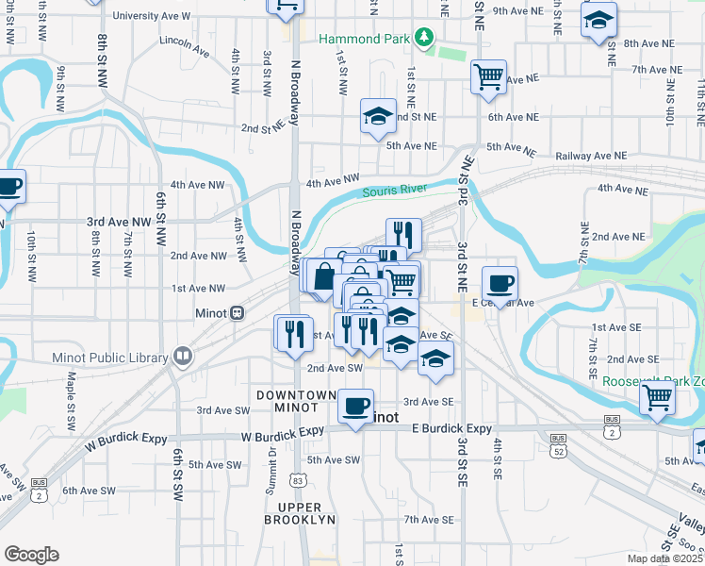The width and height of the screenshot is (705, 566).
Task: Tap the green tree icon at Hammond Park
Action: click(425, 37)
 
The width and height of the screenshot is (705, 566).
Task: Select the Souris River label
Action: click(396, 191)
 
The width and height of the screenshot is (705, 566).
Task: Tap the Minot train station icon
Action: click(238, 312)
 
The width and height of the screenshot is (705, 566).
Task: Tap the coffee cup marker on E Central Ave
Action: click(500, 282)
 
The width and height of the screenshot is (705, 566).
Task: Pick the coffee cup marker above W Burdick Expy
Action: click(355, 406)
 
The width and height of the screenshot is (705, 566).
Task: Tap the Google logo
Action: click(31, 554)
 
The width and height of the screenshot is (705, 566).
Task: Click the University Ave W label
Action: click(151, 16)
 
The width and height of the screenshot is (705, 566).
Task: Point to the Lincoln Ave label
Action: click(184, 42)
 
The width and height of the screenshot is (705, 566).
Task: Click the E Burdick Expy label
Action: click(452, 429)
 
